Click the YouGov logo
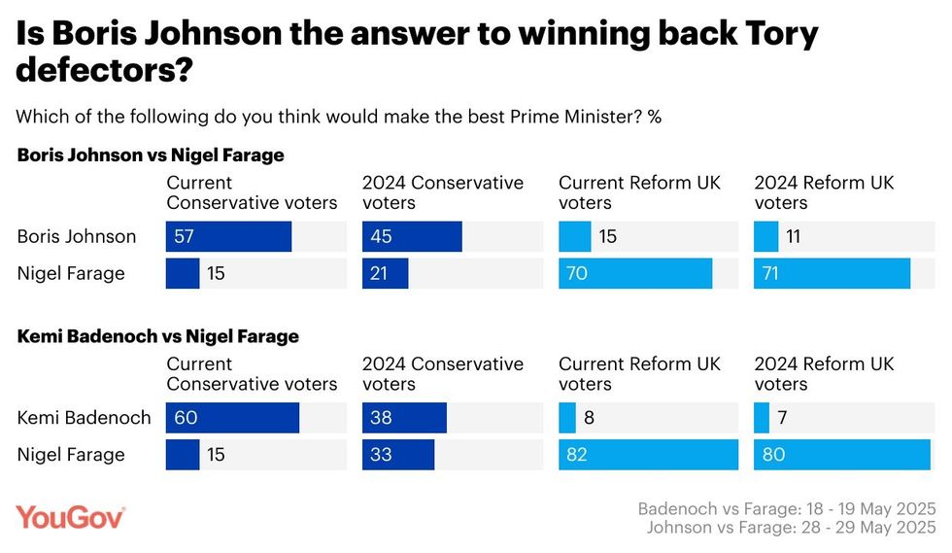(70, 517)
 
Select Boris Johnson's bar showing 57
(228, 236)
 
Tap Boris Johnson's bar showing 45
(412, 236)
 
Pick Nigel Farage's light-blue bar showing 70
(635, 273)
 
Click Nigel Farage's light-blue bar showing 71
(832, 273)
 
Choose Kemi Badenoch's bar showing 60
(232, 418)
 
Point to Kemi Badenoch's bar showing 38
(404, 418)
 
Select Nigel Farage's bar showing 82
(648, 455)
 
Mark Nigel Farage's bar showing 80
(841, 455)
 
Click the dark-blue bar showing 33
(398, 455)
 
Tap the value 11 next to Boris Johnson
(793, 236)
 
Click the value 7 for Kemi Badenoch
(782, 418)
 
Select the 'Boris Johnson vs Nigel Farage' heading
(151, 155)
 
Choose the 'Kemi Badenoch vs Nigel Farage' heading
(157, 336)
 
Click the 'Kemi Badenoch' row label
(85, 418)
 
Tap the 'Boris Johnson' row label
(77, 236)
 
